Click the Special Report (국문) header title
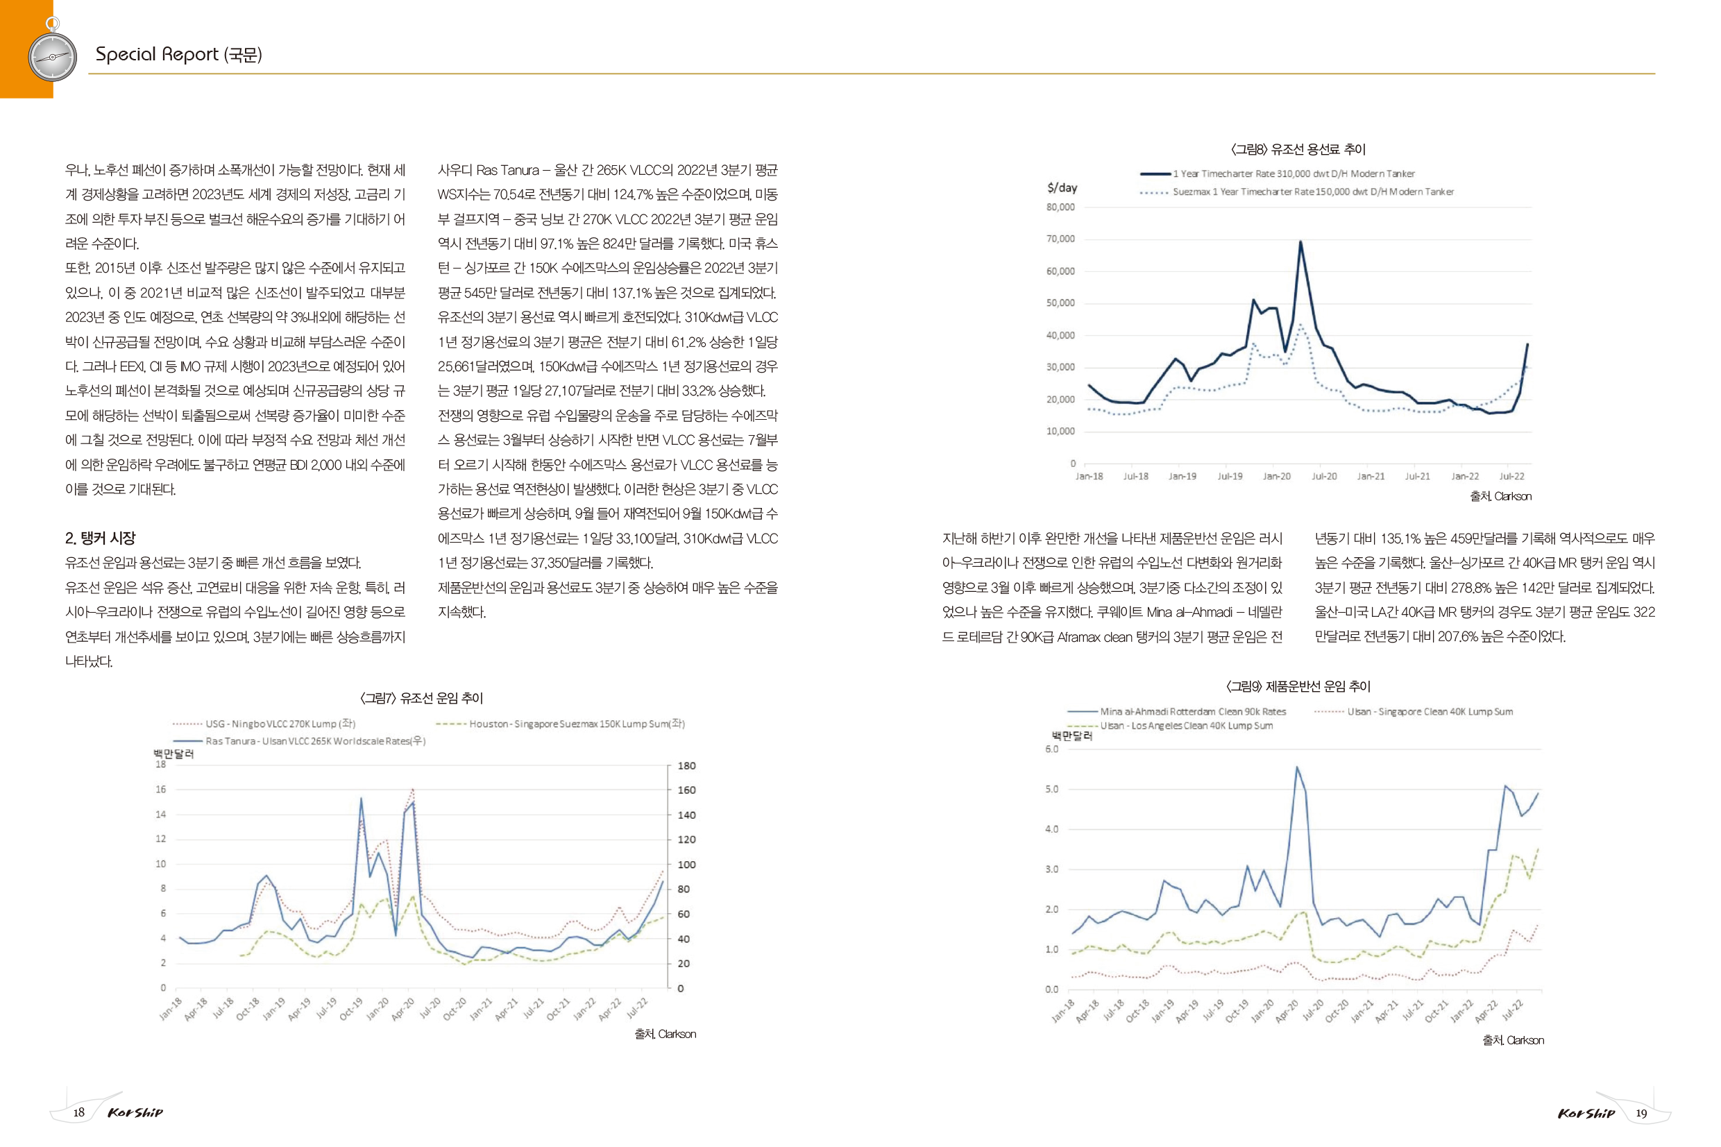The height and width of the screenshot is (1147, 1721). [178, 54]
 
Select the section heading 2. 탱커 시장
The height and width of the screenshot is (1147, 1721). [100, 538]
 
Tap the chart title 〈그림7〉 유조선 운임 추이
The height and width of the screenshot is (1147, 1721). [421, 698]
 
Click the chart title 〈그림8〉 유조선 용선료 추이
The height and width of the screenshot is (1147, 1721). [1298, 149]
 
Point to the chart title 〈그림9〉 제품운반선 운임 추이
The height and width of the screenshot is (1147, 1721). [1298, 686]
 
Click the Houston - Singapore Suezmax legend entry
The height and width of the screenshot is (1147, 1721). [560, 724]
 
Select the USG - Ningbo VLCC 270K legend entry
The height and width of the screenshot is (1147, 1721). [264, 724]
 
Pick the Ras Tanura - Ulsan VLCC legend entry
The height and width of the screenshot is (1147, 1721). [299, 741]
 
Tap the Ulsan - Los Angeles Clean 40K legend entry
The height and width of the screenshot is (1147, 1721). [1169, 726]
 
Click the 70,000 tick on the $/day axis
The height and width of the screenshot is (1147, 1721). [1060, 239]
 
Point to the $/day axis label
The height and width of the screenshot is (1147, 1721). [1062, 188]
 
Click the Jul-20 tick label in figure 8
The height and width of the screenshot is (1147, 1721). [1324, 476]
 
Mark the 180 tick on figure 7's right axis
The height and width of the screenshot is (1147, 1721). [686, 766]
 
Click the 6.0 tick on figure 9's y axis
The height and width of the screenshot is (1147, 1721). [1051, 749]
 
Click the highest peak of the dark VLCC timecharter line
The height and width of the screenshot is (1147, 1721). [1300, 241]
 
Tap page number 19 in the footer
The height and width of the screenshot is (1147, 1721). [1641, 1114]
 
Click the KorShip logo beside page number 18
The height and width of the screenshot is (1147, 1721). [135, 1112]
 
